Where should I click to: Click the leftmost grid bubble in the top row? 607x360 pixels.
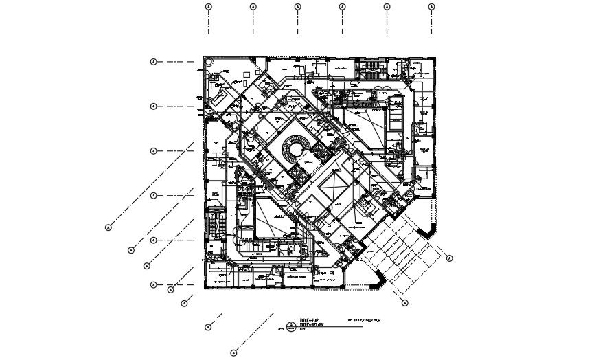coord(209,7)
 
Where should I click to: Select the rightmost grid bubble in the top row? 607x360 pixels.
coord(431,7)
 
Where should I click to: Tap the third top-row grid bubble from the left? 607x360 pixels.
coord(297,7)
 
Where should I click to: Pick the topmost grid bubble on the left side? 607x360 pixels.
coord(153,62)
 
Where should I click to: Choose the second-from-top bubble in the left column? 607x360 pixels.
coord(153,106)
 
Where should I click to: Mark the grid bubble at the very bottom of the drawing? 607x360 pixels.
coord(233,353)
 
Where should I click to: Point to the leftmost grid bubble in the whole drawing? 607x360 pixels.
coord(108,227)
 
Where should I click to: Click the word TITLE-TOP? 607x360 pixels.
coord(311,321)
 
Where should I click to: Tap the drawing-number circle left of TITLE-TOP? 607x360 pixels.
coord(291,324)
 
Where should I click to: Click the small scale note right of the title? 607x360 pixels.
coord(365,320)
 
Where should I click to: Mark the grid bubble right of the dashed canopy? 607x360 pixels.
coord(449,258)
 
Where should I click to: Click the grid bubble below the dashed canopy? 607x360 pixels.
coord(404,303)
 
